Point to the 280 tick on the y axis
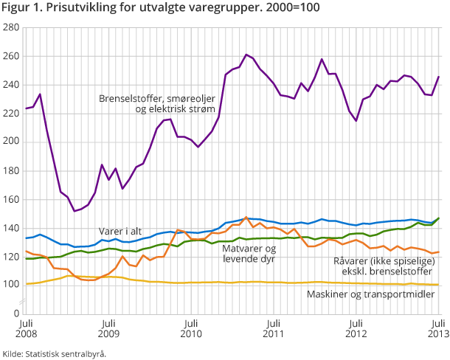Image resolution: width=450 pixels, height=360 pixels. [11, 28]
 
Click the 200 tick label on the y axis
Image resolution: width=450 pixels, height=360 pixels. [11, 142]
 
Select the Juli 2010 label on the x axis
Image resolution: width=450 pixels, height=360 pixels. [190, 328]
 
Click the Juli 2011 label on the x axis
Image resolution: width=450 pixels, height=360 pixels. [273, 328]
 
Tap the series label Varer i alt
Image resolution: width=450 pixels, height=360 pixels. [123, 229]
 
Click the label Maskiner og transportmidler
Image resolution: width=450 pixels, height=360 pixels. [370, 294]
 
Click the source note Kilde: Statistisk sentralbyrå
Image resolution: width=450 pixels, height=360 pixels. [55, 353]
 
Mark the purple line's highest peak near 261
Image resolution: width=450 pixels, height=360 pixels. [246, 55]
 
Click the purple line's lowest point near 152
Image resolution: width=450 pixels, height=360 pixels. [75, 211]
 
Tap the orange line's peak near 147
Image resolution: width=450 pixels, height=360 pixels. [246, 218]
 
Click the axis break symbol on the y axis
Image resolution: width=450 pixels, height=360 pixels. [24, 302]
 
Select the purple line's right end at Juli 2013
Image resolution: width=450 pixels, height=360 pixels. [438, 77]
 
